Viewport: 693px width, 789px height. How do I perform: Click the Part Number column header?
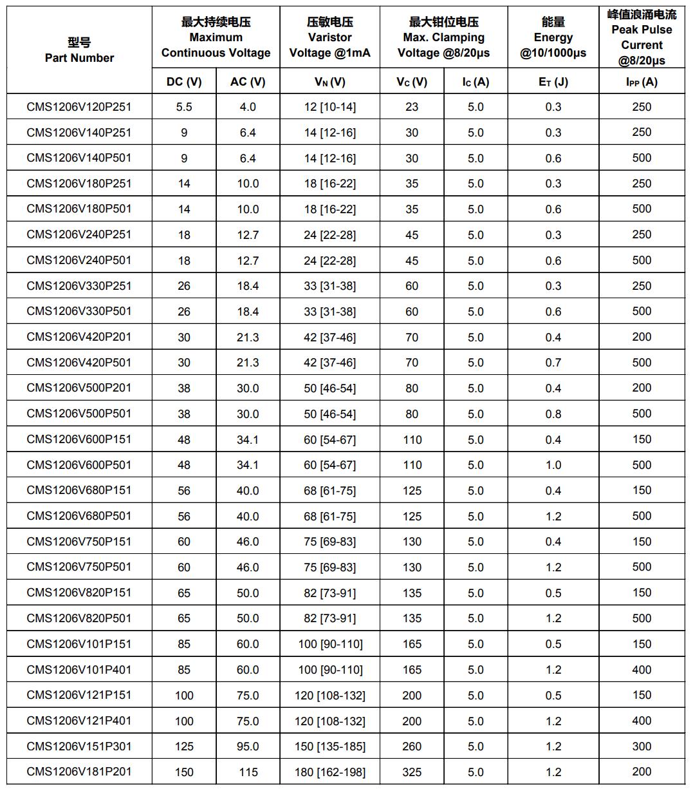point(79,50)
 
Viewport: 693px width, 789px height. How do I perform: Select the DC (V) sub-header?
point(184,82)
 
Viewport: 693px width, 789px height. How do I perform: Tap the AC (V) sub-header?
point(248,82)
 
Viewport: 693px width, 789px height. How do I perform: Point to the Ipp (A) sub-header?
point(642,82)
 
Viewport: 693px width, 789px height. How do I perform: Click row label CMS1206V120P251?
point(79,107)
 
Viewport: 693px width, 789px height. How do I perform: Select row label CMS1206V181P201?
point(79,772)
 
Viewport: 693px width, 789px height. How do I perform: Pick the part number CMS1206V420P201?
point(79,337)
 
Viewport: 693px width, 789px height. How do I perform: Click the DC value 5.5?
point(184,107)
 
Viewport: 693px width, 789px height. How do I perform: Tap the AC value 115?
point(248,772)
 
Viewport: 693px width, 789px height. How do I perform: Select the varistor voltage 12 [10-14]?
point(329,107)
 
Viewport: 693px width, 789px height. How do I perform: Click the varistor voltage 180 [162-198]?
point(329,772)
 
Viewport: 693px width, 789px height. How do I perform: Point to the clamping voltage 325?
point(412,772)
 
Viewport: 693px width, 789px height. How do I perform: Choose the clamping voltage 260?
point(412,746)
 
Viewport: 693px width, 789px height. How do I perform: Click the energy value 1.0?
point(553,465)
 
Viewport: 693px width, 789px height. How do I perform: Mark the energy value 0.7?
point(553,363)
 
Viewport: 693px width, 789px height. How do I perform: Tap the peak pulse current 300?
point(642,746)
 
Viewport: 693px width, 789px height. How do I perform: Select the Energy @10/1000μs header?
point(553,37)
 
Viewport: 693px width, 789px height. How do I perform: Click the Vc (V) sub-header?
point(412,82)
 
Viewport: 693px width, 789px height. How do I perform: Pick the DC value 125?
point(184,746)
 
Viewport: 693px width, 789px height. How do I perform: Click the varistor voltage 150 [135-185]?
point(329,746)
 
